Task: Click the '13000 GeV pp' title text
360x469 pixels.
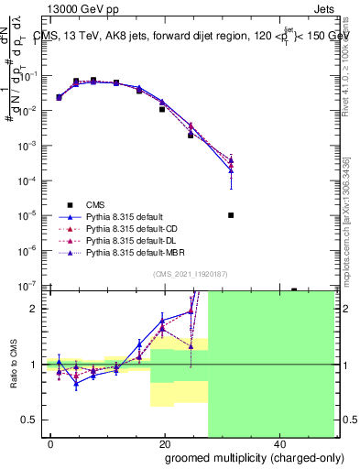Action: coord(82,8)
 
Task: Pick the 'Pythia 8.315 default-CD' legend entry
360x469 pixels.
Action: coord(130,228)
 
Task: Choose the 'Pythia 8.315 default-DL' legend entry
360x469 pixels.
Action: coord(130,239)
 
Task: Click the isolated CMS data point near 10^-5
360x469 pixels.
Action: coord(231,215)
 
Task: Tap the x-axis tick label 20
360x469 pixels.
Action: coord(164,443)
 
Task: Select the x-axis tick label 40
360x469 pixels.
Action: coord(278,443)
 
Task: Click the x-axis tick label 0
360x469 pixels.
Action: coord(51,443)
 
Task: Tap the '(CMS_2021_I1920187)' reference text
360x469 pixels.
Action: coord(191,273)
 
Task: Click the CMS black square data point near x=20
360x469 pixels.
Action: coord(162,110)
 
